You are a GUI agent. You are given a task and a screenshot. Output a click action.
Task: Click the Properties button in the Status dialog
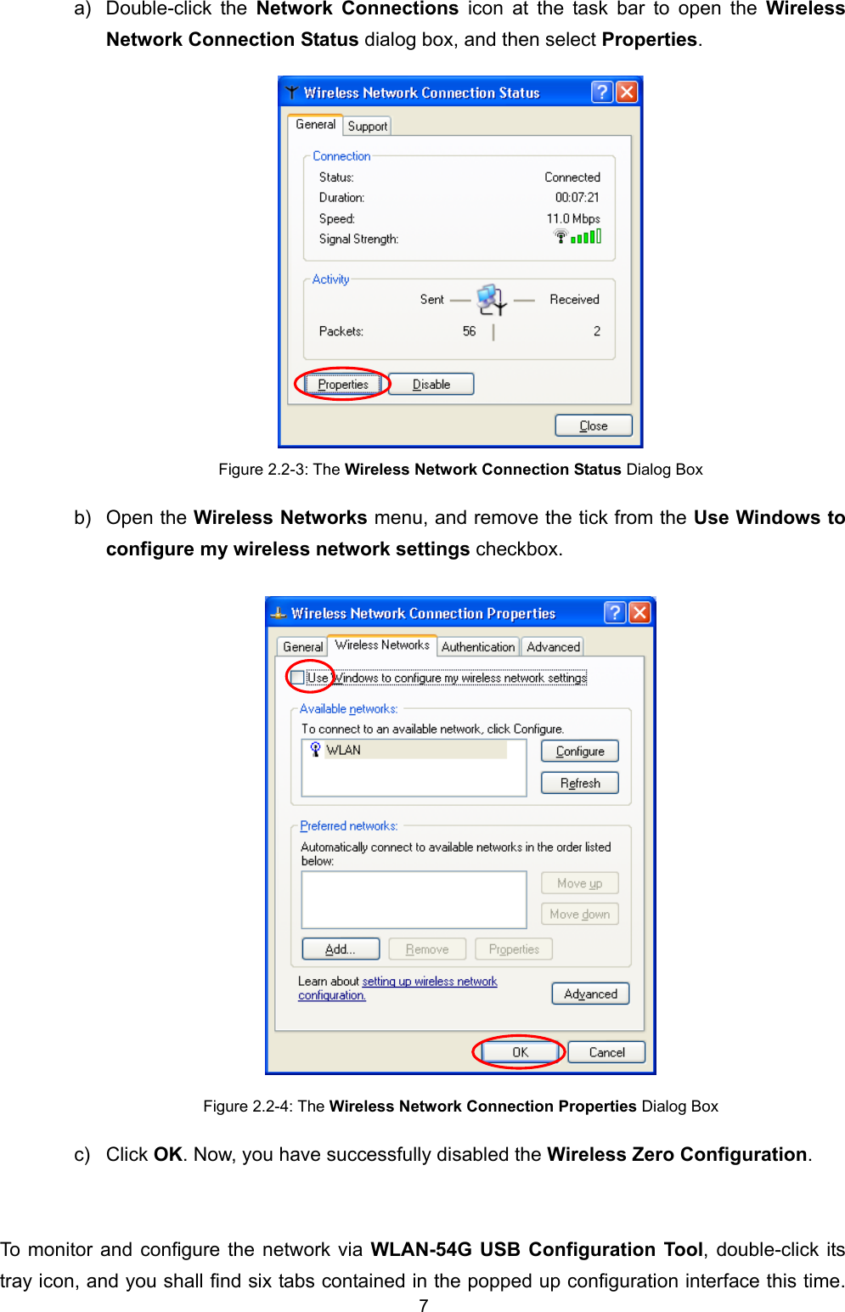tap(343, 385)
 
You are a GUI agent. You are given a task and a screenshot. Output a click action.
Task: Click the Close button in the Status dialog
tap(593, 425)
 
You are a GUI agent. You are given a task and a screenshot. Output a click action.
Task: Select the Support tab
tap(367, 126)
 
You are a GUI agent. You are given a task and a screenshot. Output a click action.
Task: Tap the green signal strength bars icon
tap(585, 237)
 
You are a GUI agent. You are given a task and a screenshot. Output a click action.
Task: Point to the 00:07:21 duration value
tap(577, 198)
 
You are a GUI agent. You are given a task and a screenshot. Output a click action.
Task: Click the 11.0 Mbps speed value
tap(572, 218)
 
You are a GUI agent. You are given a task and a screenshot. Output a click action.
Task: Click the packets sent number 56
tap(469, 331)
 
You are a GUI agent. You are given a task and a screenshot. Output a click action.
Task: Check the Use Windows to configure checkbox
tap(297, 677)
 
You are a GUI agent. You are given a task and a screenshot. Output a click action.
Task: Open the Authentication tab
tap(477, 646)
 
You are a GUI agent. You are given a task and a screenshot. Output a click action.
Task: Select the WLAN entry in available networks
tap(344, 750)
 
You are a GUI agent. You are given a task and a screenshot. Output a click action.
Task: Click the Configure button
tap(580, 752)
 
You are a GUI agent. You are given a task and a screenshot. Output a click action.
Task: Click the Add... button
tap(340, 949)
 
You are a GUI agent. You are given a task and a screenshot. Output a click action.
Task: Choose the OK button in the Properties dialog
tap(520, 1052)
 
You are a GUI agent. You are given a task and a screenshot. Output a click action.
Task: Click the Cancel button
tap(606, 1052)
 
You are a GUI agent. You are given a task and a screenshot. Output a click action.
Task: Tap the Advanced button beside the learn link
tap(590, 994)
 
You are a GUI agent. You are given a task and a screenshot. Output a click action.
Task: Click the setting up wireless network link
tap(429, 982)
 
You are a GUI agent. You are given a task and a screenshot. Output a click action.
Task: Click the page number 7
tap(423, 1305)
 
